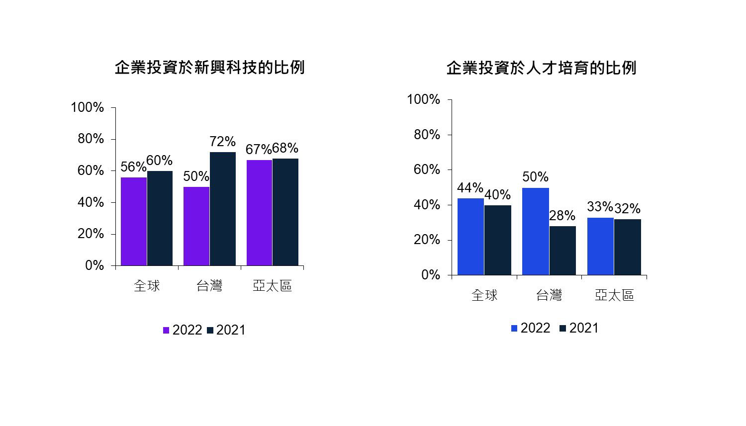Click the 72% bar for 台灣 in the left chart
222,209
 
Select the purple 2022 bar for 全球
134,221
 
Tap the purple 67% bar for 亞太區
259,213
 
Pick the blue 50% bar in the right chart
536,231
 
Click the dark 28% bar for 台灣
562,251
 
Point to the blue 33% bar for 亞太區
600,246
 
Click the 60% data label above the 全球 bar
160,161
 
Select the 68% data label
285,148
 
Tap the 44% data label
469,188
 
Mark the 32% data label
628,209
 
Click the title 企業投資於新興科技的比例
209,68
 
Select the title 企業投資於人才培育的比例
541,68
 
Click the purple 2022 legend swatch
166,331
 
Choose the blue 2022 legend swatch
514,329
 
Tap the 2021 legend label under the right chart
584,328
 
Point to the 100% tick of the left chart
88,107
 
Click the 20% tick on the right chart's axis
428,240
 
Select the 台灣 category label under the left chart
209,286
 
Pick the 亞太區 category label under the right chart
614,295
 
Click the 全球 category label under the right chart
484,295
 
